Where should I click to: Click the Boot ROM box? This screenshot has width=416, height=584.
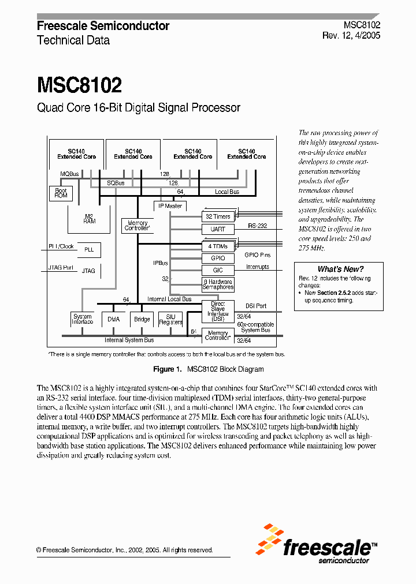click(61, 193)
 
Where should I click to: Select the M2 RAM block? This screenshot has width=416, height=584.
click(89, 218)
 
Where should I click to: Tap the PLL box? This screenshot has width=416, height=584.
click(88, 250)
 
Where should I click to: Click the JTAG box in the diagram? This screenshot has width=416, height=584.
click(88, 270)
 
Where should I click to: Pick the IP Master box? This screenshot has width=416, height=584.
click(170, 205)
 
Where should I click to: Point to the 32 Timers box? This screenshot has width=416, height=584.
click(218, 216)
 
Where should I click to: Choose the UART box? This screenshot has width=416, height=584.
click(218, 229)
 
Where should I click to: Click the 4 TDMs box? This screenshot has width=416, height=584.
click(218, 246)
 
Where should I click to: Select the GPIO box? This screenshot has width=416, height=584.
click(218, 258)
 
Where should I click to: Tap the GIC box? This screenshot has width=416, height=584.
click(218, 270)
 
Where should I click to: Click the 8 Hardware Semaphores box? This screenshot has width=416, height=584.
click(218, 284)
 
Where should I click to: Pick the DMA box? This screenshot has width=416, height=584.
click(113, 319)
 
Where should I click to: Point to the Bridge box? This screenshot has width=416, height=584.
click(142, 319)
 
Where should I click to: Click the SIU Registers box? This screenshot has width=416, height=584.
click(171, 319)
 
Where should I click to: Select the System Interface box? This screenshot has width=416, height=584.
click(83, 319)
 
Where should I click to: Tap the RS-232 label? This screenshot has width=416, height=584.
click(257, 226)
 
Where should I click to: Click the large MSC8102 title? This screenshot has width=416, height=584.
click(79, 85)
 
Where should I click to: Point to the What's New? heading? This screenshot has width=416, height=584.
click(340, 269)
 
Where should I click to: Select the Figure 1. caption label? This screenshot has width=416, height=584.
click(167, 369)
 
